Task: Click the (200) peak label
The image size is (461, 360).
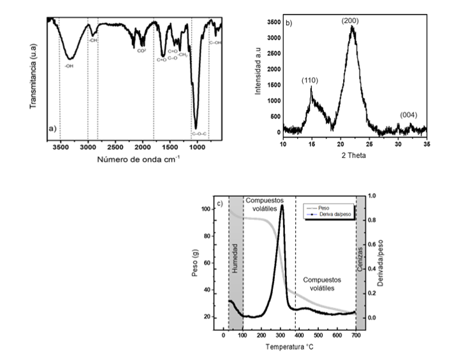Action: [x=350, y=21]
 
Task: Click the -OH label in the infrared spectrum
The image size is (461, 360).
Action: [x=69, y=65]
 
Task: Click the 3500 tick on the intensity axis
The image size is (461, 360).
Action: [x=272, y=22]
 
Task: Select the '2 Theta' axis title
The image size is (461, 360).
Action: [x=354, y=155]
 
